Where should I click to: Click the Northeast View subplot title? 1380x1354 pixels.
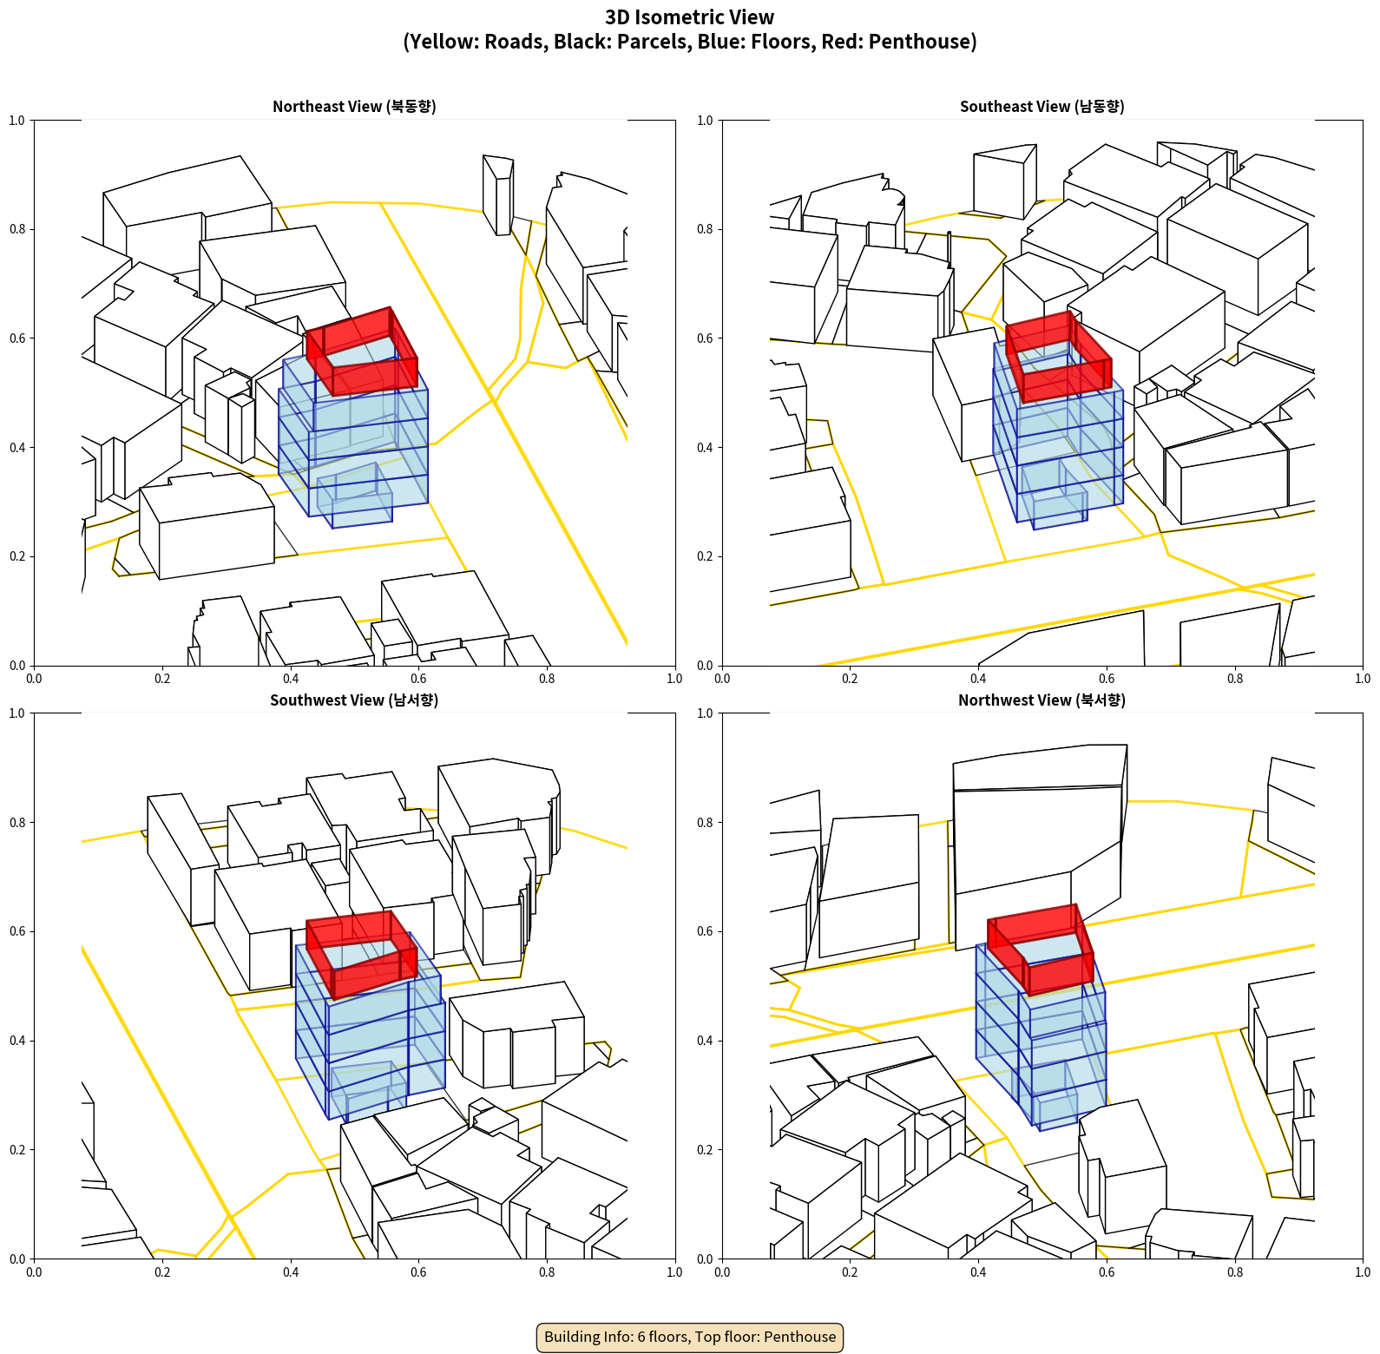click(x=354, y=106)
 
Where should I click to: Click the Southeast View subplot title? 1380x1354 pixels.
click(x=1042, y=106)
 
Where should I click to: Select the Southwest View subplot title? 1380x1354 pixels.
click(x=354, y=700)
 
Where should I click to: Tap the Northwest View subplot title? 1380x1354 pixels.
click(x=1042, y=700)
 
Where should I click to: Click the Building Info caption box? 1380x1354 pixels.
click(x=690, y=1337)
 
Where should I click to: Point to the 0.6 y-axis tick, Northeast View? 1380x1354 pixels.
click(x=17, y=338)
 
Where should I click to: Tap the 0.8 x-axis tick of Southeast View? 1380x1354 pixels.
click(x=1235, y=679)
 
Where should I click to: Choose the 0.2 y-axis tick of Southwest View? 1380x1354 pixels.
click(x=17, y=1150)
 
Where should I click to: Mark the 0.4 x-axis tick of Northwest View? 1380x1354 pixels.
click(x=978, y=1272)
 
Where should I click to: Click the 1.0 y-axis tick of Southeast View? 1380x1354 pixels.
click(x=705, y=121)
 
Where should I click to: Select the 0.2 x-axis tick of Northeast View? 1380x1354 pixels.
click(x=162, y=679)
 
